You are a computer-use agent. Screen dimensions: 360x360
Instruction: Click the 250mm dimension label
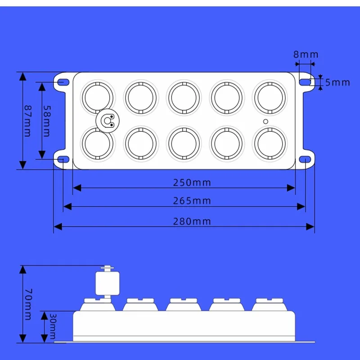click(192, 183)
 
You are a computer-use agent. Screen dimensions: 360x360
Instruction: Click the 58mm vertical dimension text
click(46, 121)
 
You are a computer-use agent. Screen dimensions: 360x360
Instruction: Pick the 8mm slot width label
click(306, 54)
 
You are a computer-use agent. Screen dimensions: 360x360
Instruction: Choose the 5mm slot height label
click(337, 82)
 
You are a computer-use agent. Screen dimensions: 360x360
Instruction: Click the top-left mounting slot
click(63, 82)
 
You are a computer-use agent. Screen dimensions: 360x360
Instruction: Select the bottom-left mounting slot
click(63, 159)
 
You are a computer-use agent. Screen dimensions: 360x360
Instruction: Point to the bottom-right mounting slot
click(306, 159)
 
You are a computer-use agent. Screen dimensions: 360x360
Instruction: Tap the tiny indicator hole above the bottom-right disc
click(265, 121)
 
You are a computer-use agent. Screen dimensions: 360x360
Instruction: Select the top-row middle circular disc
click(184, 97)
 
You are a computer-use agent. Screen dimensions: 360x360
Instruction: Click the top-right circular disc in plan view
click(270, 97)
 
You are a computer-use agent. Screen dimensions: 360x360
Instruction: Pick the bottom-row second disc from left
click(141, 143)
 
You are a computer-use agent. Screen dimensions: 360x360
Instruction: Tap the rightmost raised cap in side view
click(270, 305)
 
